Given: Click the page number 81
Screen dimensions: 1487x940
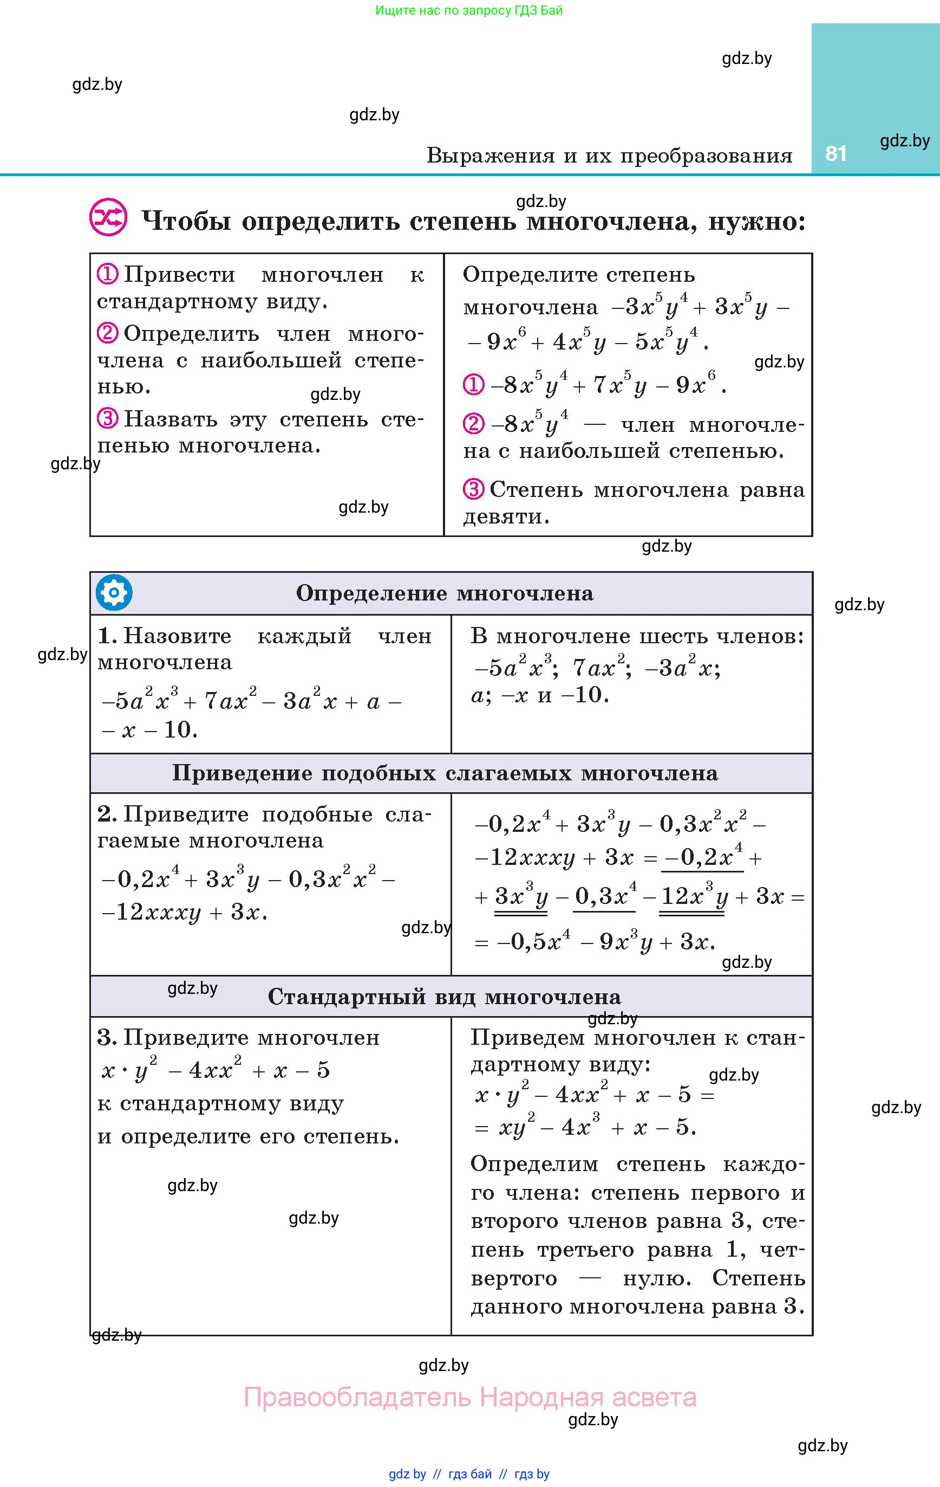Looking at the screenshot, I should tap(835, 154).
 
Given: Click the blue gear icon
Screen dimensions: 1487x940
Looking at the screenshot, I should tap(114, 593).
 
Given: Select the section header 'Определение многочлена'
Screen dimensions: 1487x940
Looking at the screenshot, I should tap(445, 593).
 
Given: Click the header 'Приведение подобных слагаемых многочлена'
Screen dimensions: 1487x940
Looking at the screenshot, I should tap(445, 773).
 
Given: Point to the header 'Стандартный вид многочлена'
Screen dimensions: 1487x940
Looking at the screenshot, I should tap(445, 997).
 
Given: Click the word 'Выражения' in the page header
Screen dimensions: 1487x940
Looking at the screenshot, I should tap(490, 156).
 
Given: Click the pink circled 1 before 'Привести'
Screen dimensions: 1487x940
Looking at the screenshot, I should tap(107, 274).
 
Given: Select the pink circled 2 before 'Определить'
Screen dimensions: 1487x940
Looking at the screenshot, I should tap(107, 333).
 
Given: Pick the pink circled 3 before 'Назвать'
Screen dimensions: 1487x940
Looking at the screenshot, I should tap(107, 419).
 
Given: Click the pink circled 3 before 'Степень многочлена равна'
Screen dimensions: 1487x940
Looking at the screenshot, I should tap(473, 490).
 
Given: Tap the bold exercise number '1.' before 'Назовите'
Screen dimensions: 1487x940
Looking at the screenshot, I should tap(107, 636).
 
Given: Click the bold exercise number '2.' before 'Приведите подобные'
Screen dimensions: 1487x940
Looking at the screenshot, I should tap(107, 814).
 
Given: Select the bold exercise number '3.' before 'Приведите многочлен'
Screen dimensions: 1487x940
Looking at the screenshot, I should tap(107, 1037).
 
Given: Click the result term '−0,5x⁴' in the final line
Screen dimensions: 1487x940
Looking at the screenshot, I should tap(532, 942).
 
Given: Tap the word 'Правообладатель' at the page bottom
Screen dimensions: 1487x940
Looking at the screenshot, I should tap(357, 1397).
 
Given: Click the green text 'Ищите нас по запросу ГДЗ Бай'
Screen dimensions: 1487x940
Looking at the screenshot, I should tap(469, 10).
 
